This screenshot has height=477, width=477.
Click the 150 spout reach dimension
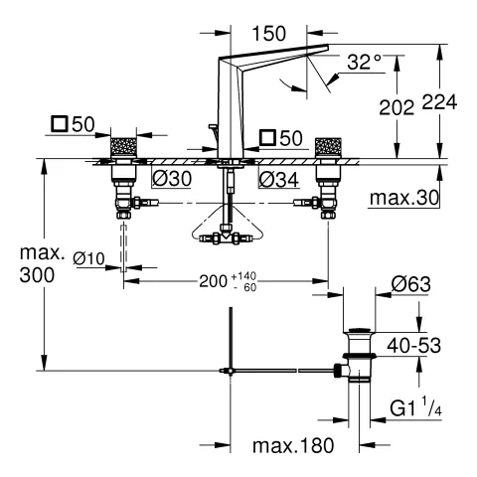[268, 34]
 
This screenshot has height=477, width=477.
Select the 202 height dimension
[397, 107]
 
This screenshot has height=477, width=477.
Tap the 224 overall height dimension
[439, 102]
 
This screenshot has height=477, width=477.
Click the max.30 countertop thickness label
[404, 198]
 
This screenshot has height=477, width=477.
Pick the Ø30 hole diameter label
[172, 179]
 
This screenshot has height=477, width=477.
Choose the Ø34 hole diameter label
[279, 180]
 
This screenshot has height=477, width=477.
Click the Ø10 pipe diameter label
[88, 258]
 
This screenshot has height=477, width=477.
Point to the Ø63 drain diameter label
[411, 284]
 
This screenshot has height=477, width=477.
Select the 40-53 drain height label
[414, 346]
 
